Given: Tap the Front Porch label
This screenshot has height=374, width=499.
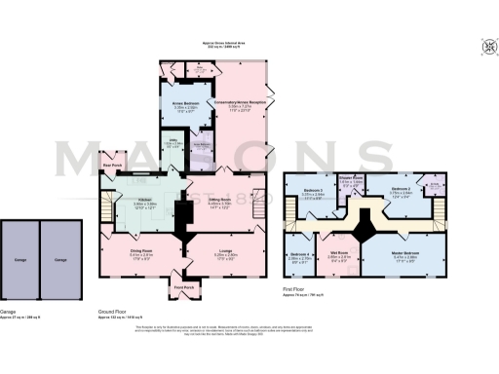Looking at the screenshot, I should point(183,287).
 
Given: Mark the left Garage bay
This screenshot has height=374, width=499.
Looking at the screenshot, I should point(20,260).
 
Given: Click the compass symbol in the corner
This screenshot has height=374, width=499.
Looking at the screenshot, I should point(484,45).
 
